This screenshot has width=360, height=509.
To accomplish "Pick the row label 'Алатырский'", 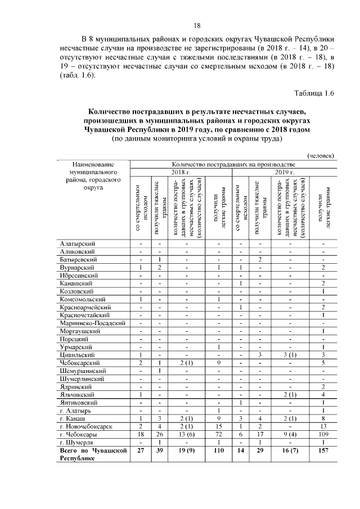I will pos(78,244).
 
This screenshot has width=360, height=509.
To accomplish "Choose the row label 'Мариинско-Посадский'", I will pos(92,325).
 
